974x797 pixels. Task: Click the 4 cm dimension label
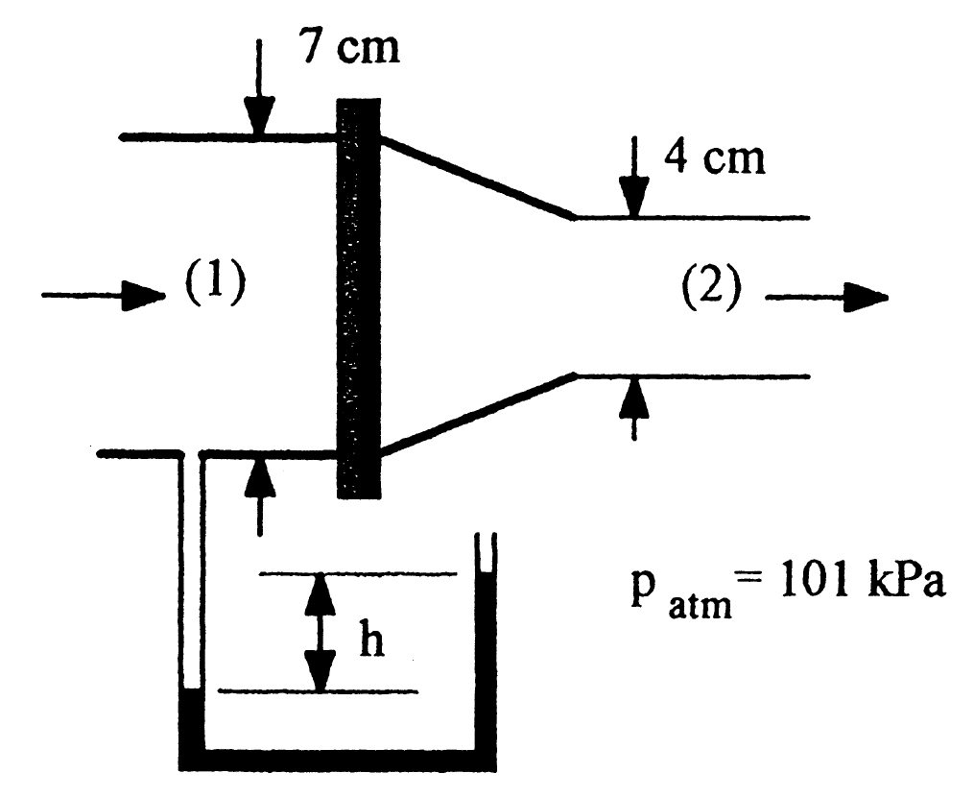(x=716, y=157)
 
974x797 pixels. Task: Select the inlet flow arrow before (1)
(x=102, y=295)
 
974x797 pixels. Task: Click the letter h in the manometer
(x=371, y=640)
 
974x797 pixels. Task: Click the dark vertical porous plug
(x=359, y=298)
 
